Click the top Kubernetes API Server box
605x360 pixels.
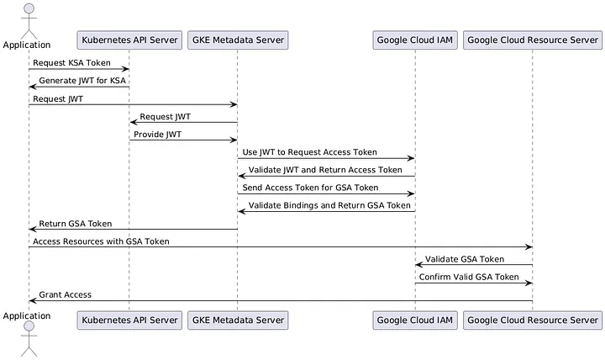[129, 40]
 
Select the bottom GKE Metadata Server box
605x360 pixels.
[237, 320]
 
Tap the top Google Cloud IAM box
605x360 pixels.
[414, 40]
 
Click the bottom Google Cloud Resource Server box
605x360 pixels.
[532, 320]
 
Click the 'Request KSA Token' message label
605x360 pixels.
[71, 63]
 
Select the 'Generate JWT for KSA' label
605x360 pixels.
[82, 81]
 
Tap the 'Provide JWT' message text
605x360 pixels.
[157, 135]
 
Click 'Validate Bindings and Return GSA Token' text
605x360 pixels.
[329, 205]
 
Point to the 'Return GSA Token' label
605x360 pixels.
[76, 224]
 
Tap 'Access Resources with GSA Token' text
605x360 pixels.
[101, 241]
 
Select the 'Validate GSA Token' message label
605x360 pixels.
[464, 259]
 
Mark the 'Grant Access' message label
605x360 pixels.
[66, 294]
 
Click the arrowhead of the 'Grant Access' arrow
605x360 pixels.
[32, 300]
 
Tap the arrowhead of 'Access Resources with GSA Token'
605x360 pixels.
[529, 246]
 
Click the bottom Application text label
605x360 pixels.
[26, 316]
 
